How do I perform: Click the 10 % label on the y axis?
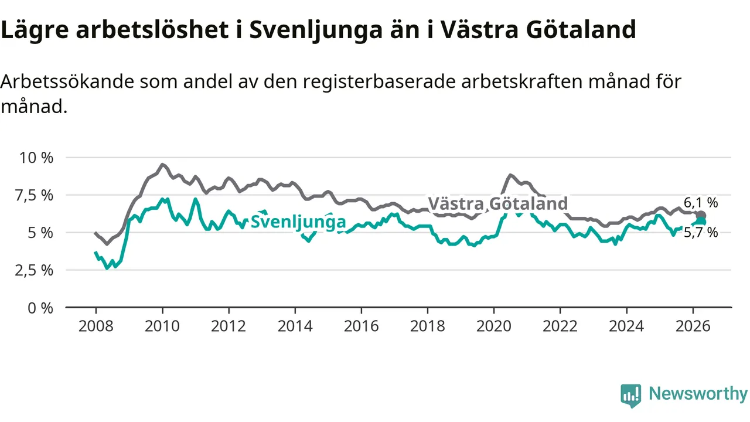coord(36,158)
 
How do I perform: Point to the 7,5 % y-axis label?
coord(34,195)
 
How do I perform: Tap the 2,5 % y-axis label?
coord(34,270)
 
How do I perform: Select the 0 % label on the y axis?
coord(40,308)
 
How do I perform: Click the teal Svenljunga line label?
coord(298,222)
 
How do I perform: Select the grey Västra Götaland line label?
coord(498,203)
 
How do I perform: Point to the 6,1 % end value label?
coord(701,203)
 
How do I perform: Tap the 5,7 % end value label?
coord(701,233)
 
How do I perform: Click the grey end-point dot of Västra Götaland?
coord(701,215)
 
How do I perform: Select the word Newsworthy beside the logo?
coord(698,393)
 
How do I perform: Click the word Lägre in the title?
coord(35,30)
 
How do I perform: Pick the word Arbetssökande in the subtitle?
coord(67,81)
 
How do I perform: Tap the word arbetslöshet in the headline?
coord(152,29)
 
